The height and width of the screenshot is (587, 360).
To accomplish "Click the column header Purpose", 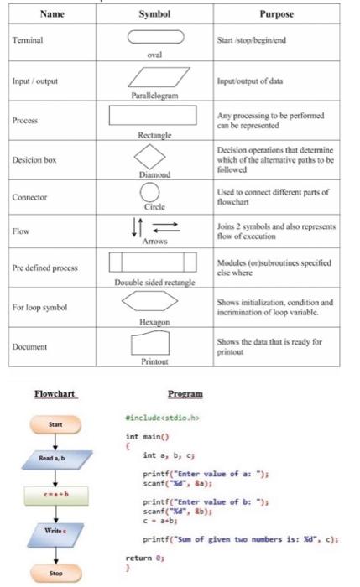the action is [282, 13].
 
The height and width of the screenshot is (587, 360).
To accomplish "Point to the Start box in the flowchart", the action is [55, 424].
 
